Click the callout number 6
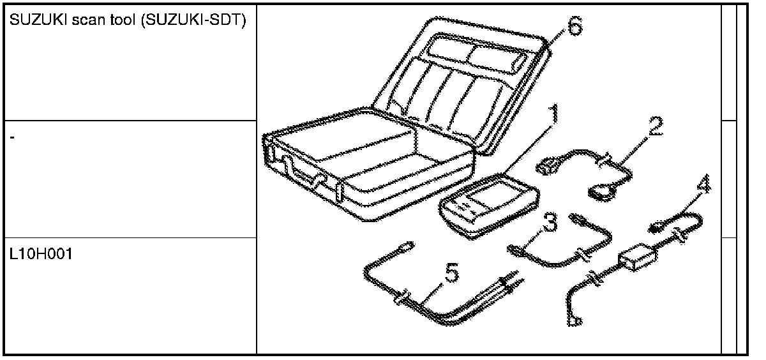[573, 26]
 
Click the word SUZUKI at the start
[32, 20]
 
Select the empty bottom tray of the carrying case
[377, 172]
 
